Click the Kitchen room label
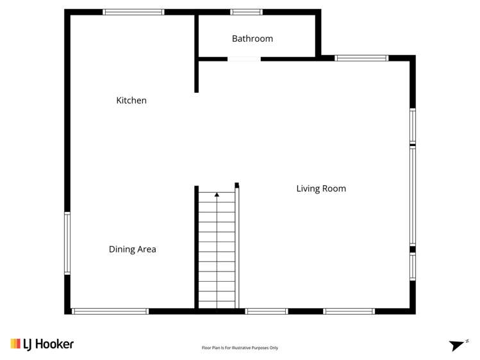coord(131,101)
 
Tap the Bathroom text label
coord(252,39)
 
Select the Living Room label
coord(320,188)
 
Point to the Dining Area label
coord(132,249)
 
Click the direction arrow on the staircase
coord(217,195)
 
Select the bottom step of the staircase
coord(217,304)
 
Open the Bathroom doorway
coord(244,59)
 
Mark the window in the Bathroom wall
coord(246,12)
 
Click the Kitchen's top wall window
coord(133,12)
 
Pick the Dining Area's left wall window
coord(67,243)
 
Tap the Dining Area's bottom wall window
coord(110,311)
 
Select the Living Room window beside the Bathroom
coord(361,58)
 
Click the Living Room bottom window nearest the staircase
coord(266,311)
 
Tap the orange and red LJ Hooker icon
coord(15,344)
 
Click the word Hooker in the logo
coord(54,344)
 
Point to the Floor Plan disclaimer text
coord(240,348)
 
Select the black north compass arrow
coord(456,345)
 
